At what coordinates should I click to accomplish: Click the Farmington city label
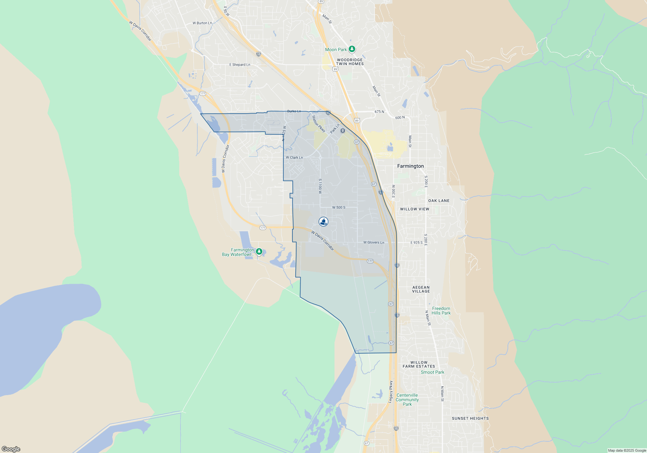point(410,166)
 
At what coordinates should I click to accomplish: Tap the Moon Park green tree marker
point(352,49)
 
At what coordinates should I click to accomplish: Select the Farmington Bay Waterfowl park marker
point(259,251)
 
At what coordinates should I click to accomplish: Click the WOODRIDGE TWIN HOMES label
point(350,62)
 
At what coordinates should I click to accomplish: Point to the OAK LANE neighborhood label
point(439,201)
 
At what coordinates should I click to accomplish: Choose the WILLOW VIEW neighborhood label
point(414,209)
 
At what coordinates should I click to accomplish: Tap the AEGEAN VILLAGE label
point(421,289)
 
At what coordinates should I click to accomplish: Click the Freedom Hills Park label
point(441,311)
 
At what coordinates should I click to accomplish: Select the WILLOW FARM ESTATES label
point(419,364)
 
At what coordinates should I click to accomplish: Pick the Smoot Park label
point(432,372)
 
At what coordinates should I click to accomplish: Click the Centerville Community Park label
point(407,400)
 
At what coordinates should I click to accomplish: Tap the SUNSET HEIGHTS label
point(470,418)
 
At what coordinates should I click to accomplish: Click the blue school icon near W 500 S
point(323,222)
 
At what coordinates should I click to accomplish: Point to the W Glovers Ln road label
point(374,242)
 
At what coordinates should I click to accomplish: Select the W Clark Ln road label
point(294,158)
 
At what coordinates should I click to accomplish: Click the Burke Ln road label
point(294,111)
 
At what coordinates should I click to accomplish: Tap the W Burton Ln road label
point(202,23)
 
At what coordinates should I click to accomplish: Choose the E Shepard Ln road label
point(240,65)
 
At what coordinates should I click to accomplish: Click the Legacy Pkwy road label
point(391,392)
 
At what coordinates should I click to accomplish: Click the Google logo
point(11,449)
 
